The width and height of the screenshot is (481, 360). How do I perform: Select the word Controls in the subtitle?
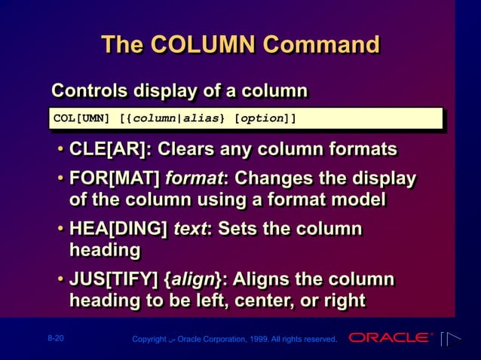tap(90, 91)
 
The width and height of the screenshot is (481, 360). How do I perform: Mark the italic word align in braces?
tap(191, 280)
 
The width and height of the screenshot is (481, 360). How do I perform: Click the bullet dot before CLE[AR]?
tap(60, 149)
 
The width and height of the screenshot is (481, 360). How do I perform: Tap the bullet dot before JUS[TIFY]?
tap(60, 281)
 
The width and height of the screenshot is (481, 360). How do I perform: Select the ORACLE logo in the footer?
tap(391, 337)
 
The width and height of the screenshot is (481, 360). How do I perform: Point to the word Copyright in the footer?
tap(149, 340)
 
